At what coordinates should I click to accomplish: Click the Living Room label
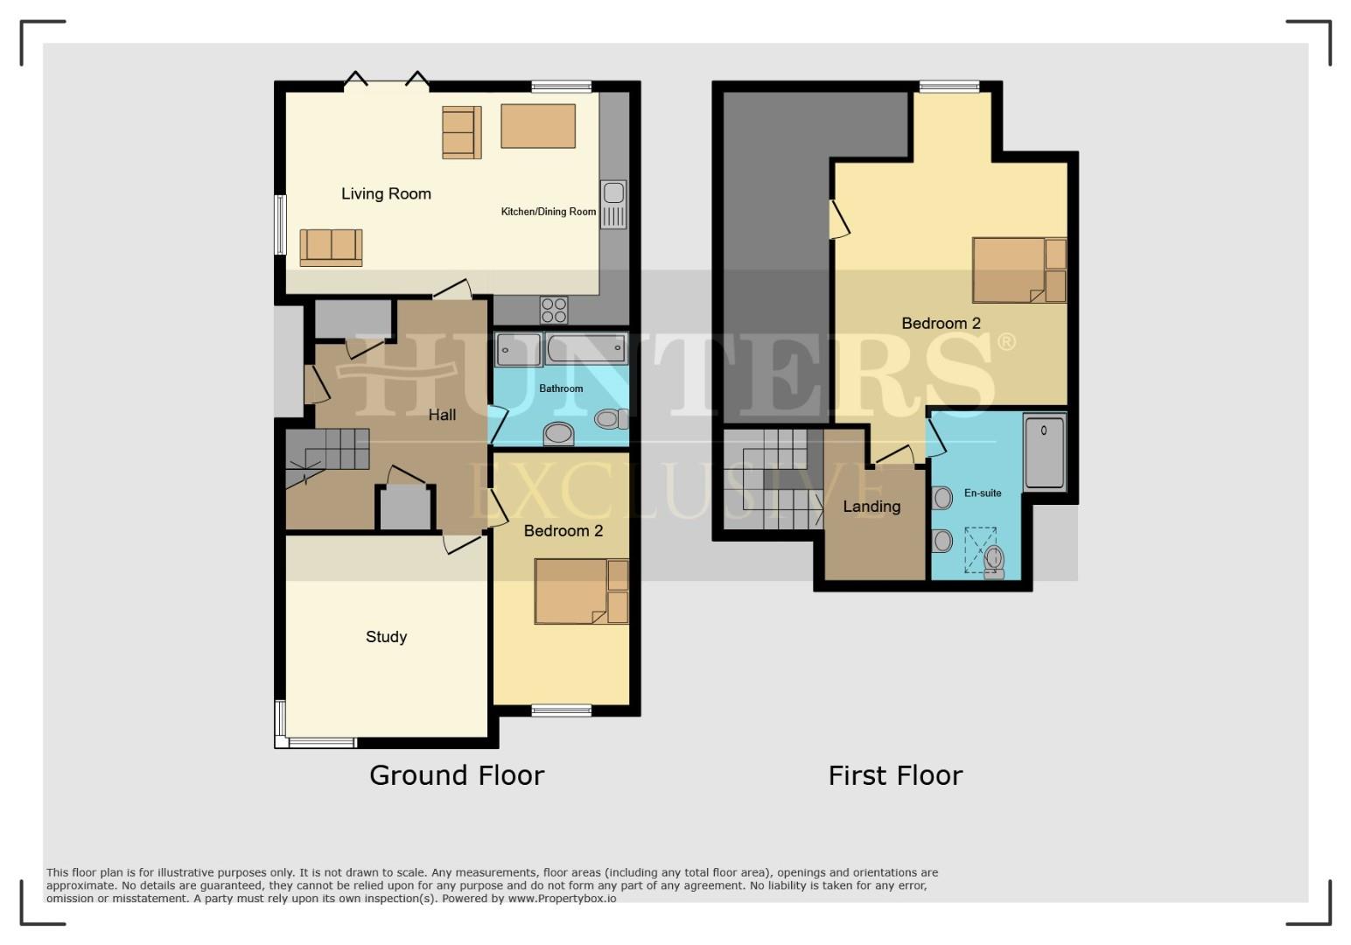(386, 193)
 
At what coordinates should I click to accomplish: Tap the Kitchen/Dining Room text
(549, 212)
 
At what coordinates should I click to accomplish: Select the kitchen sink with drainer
(613, 205)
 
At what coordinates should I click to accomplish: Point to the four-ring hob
(554, 311)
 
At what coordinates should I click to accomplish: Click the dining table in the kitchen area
(538, 126)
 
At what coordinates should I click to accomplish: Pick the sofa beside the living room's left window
(331, 248)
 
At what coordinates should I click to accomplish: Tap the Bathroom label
(561, 389)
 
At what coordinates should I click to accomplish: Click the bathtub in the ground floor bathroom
(586, 348)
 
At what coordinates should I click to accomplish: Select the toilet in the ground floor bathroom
(611, 418)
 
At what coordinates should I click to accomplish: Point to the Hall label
(442, 415)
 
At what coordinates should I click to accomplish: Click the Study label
(386, 637)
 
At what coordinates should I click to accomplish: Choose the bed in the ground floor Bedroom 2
(581, 591)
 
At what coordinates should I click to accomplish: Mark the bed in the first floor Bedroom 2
(1019, 270)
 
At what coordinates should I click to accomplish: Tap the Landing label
(871, 507)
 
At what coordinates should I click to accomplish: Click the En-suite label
(983, 493)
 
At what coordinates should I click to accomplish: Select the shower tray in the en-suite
(1045, 451)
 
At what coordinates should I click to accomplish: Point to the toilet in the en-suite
(994, 562)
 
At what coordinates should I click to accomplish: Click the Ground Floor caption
(457, 775)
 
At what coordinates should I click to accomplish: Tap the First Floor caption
(895, 775)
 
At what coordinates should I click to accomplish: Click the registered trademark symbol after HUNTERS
(1006, 342)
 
